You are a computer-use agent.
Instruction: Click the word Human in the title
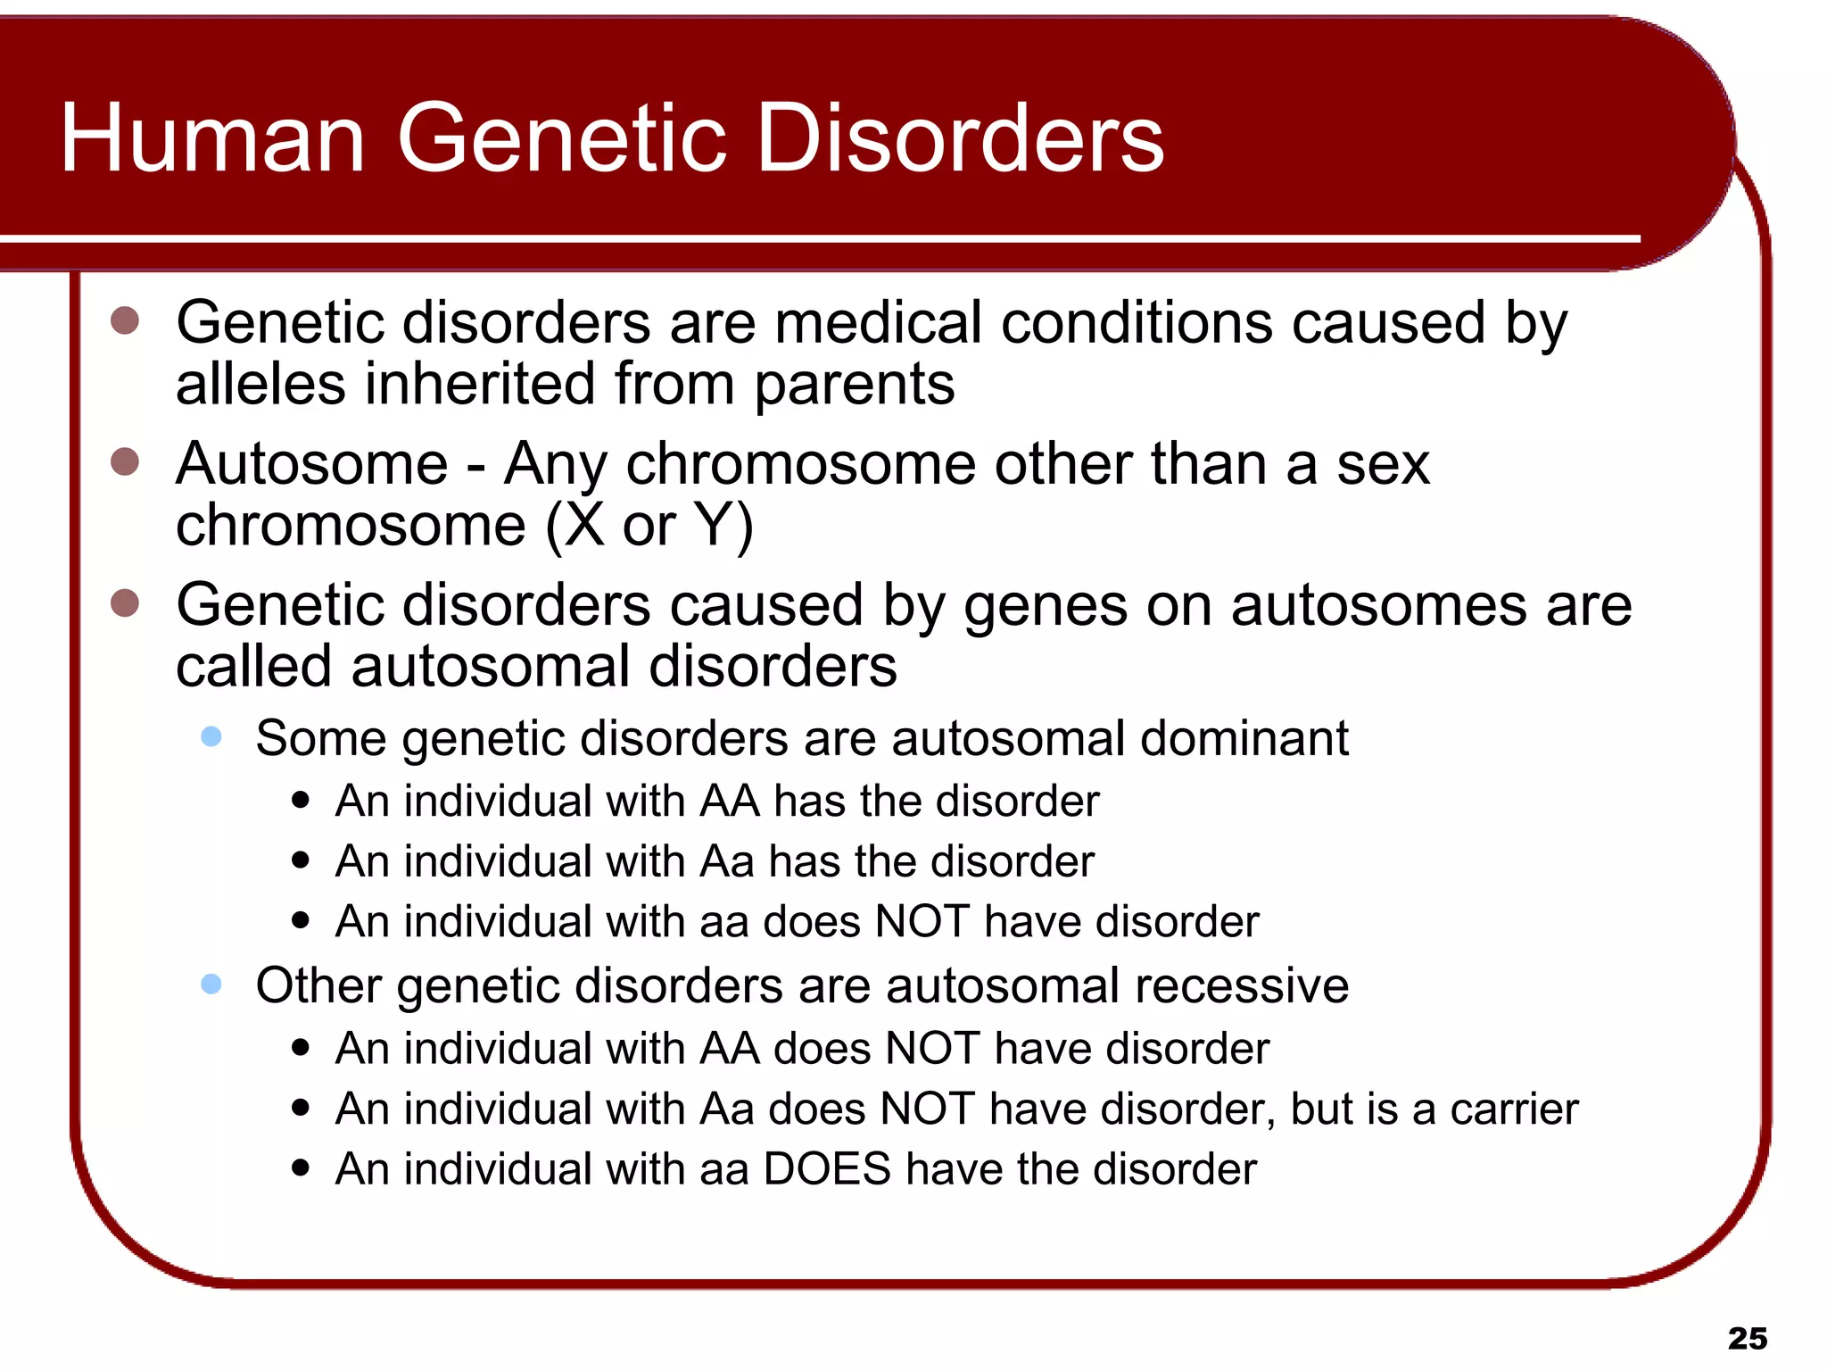pos(212,138)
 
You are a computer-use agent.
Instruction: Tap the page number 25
pos(1747,1338)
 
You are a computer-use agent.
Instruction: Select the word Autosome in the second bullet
pos(311,464)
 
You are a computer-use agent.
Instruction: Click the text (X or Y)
pos(649,525)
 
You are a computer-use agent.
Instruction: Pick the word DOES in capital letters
pos(827,1169)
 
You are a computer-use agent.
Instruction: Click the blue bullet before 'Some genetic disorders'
pos(211,737)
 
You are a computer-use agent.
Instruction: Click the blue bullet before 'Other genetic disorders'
pos(211,985)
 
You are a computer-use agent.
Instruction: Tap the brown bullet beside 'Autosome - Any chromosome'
pos(125,462)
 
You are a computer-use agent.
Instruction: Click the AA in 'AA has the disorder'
pos(729,802)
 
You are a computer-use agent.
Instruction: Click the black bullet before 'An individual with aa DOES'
pos(301,1168)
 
